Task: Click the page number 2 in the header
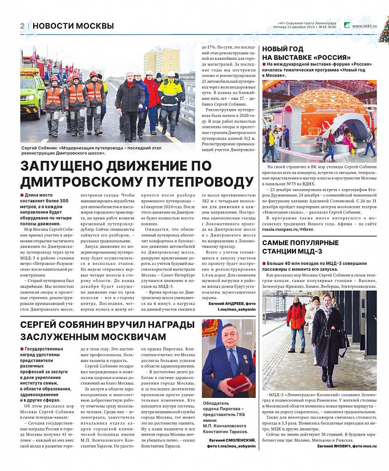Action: pyautogui.click(x=22, y=26)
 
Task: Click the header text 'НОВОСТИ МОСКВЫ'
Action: pyautogui.click(x=73, y=26)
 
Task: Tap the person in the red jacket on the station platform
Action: pyautogui.click(x=296, y=324)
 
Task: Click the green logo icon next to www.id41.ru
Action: pyautogui.click(x=347, y=26)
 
